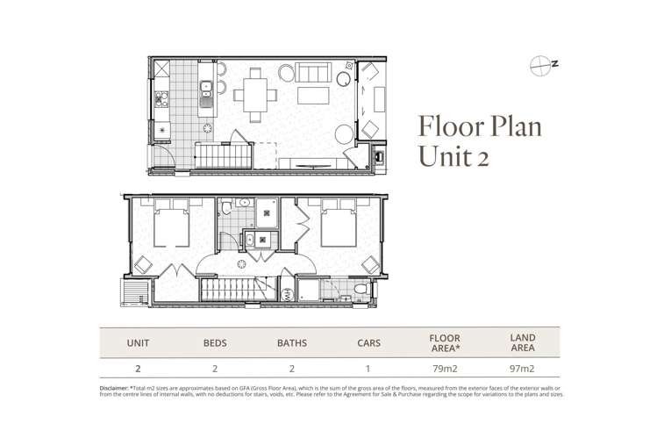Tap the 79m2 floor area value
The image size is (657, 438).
tap(445, 369)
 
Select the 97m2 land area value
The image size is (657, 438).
tap(522, 369)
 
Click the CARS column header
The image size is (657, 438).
tap(368, 343)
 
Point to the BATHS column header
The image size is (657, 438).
tap(291, 343)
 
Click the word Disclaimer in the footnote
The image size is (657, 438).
tap(113, 389)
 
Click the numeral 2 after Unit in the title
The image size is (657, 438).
tap(482, 159)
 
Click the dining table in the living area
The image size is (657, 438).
tap(255, 95)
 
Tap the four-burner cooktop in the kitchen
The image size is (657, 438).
tap(161, 99)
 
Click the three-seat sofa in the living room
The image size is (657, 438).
tap(313, 72)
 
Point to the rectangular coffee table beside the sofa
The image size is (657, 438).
tap(313, 96)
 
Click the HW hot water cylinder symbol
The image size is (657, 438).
tap(288, 294)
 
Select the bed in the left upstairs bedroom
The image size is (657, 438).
tap(172, 223)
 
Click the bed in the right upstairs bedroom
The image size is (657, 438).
tap(339, 223)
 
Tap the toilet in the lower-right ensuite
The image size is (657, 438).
tap(362, 289)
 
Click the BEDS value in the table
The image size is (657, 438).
tap(215, 369)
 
